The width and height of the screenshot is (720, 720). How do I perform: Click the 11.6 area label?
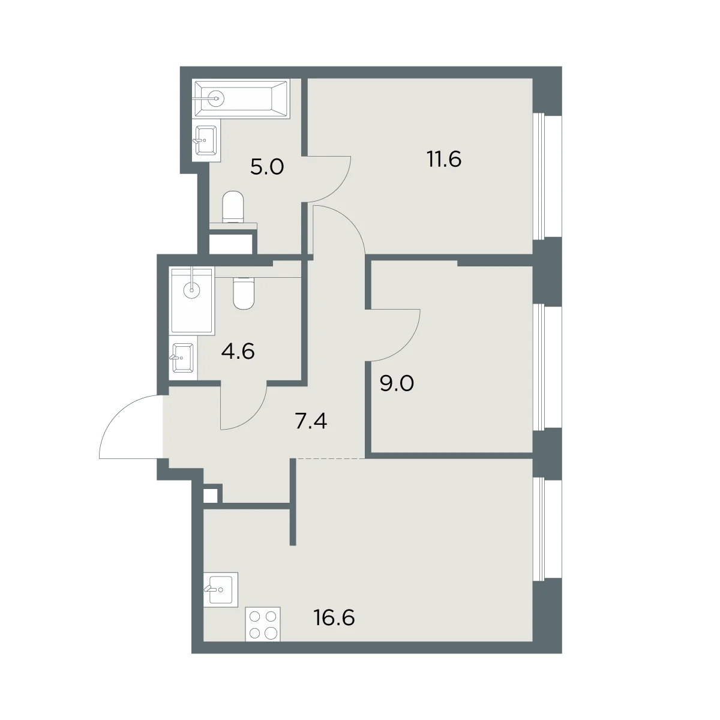point(444,159)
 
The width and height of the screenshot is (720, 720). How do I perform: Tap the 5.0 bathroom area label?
point(267,167)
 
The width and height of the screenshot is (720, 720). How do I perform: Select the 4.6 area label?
point(238,352)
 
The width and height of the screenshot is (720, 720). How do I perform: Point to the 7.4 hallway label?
point(311,422)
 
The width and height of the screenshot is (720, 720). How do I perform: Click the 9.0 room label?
point(397,383)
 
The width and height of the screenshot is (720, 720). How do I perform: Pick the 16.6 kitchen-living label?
point(334,617)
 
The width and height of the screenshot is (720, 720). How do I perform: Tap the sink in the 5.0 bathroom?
point(206,140)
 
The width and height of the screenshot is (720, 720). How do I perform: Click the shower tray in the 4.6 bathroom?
point(193,301)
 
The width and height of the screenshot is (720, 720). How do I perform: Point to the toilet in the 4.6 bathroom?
point(244,293)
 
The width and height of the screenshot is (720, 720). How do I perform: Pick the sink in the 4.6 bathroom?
point(182,358)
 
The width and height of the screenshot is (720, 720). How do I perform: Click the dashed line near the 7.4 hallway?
point(330,458)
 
